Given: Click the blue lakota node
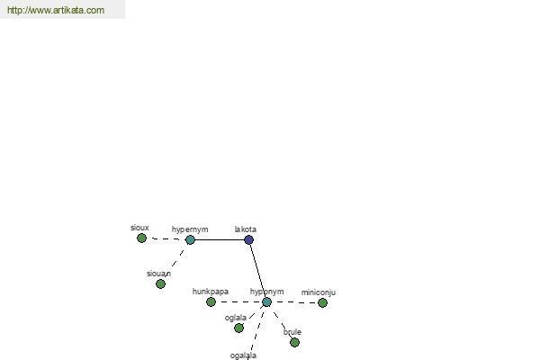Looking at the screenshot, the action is (x=248, y=239).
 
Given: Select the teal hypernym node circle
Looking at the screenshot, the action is (x=190, y=239).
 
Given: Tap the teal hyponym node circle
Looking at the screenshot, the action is (x=266, y=302).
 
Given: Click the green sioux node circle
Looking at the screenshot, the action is (x=141, y=238).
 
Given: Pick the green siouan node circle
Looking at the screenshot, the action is (x=160, y=283).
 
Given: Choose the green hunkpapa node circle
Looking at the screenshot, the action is (x=211, y=302).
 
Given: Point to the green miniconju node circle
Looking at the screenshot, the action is (x=322, y=302).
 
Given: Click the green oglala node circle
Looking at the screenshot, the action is (x=238, y=328).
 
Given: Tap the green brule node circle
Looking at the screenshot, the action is (x=294, y=342).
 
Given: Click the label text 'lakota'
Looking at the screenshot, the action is (x=245, y=229).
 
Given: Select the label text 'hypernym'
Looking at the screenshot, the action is (x=190, y=229).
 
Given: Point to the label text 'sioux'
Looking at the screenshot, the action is (x=139, y=228).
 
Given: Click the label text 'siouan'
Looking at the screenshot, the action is (x=158, y=274).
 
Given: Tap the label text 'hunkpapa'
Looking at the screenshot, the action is (x=210, y=292).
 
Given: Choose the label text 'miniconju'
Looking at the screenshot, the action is (x=319, y=292).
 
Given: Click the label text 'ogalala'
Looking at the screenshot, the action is (x=243, y=355).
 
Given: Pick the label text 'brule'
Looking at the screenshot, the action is (x=292, y=332).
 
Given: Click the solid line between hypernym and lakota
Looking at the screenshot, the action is (x=220, y=239).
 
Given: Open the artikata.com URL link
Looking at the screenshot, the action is (x=56, y=10).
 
